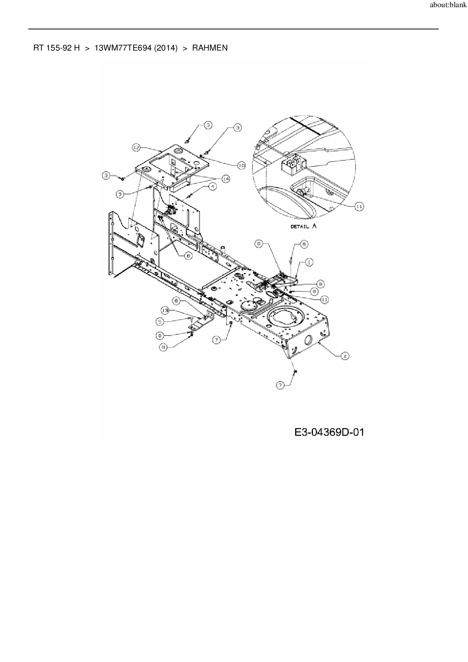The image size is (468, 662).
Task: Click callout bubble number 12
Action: pyautogui.click(x=136, y=148)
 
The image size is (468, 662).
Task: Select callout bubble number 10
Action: pyautogui.click(x=241, y=165)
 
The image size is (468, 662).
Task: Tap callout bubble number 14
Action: pyautogui.click(x=226, y=179)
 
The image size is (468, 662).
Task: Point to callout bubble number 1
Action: pyautogui.click(x=309, y=262)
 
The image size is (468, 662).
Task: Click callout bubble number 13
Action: pyautogui.click(x=165, y=310)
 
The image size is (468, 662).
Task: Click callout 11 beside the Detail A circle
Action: pyautogui.click(x=359, y=206)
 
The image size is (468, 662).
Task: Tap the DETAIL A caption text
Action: pyautogui.click(x=304, y=226)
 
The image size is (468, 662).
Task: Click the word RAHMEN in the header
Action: pyautogui.click(x=210, y=48)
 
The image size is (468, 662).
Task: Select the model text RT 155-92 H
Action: pyautogui.click(x=57, y=48)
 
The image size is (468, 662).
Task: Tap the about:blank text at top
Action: pyautogui.click(x=448, y=5)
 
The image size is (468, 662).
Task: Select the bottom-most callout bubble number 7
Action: pyautogui.click(x=280, y=385)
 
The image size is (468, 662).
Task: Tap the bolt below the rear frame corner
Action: pyautogui.click(x=295, y=372)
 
